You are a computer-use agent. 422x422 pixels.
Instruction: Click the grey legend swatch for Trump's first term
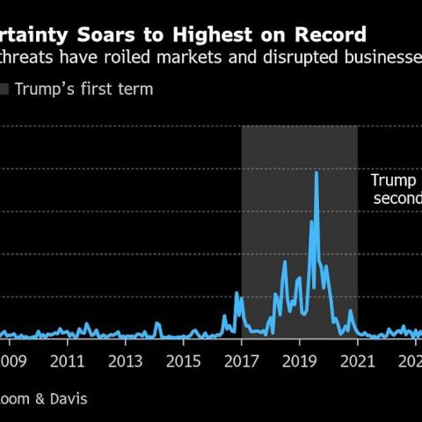click(x=4, y=89)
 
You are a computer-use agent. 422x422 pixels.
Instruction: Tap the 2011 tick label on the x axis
click(x=68, y=360)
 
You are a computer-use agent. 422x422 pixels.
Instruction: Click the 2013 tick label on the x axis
click(x=125, y=360)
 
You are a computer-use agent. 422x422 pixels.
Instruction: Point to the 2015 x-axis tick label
click(x=183, y=360)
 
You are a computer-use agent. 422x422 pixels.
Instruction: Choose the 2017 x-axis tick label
click(x=241, y=360)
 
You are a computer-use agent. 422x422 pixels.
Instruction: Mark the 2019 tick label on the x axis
click(x=299, y=360)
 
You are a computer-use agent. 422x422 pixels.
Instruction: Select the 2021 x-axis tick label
click(x=356, y=360)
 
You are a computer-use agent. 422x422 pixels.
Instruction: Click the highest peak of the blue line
click(x=316, y=172)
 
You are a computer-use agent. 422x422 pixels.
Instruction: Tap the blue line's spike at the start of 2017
click(x=236, y=293)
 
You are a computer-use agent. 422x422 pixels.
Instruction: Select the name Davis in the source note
click(x=68, y=398)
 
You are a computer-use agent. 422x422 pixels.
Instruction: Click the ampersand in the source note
click(x=40, y=398)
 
